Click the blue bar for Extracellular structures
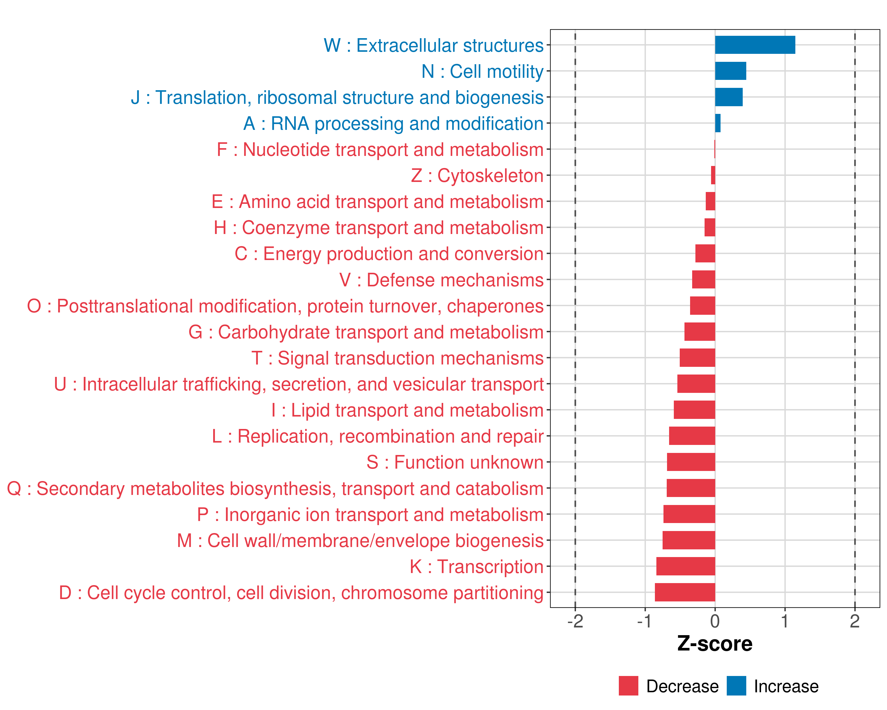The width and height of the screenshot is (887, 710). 755,45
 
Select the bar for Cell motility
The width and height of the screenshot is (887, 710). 730,71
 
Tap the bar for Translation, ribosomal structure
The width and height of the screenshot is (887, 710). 728,97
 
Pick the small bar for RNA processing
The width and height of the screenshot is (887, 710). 718,123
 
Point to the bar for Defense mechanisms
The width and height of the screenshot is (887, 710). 703,280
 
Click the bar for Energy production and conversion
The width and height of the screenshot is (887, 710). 705,254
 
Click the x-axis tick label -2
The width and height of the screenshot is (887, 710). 575,621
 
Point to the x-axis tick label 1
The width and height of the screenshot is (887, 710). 785,621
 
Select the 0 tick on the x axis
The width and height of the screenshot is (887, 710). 715,621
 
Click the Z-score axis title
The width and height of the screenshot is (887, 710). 715,644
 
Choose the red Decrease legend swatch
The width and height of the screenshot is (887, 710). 628,686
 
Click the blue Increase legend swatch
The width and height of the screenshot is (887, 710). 736,686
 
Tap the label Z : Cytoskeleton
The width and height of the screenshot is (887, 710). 477,176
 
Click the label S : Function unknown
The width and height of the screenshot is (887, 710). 455,462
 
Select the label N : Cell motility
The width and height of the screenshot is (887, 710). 482,71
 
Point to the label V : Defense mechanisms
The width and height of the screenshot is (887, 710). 441,280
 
